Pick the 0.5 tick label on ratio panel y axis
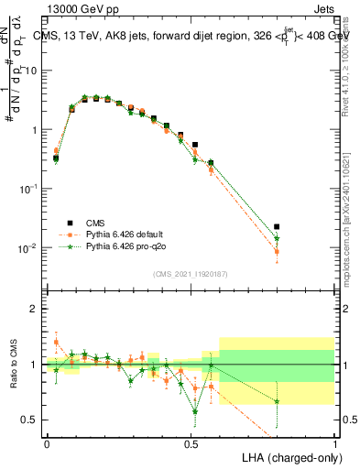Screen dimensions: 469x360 [x=33, y=420]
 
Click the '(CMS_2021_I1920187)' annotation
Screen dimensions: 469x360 [x=191, y=273]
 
